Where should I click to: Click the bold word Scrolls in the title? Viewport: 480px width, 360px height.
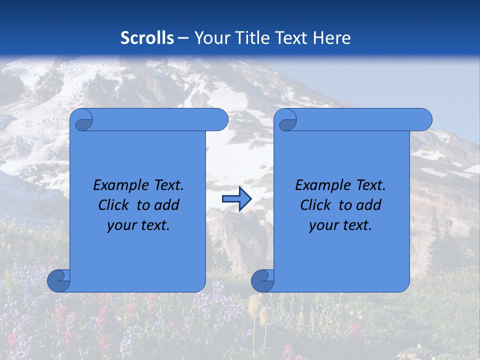pos(147,38)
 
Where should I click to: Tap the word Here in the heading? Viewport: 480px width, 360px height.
pos(331,38)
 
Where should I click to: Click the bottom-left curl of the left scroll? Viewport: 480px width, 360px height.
pos(58,280)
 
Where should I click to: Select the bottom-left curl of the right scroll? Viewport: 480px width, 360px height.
pos(262,280)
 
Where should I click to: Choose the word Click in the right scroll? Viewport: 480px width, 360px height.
pos(316,205)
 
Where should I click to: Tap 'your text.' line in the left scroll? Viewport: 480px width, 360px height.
pos(138,225)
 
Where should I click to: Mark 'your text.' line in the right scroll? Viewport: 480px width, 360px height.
pos(340,225)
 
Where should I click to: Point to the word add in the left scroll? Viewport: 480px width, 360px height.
pos(167,205)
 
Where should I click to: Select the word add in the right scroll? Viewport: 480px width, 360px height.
pos(369,205)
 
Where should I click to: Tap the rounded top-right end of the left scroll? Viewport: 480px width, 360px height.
pos(220,119)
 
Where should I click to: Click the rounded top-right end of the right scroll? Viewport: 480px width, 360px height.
pos(424,119)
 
